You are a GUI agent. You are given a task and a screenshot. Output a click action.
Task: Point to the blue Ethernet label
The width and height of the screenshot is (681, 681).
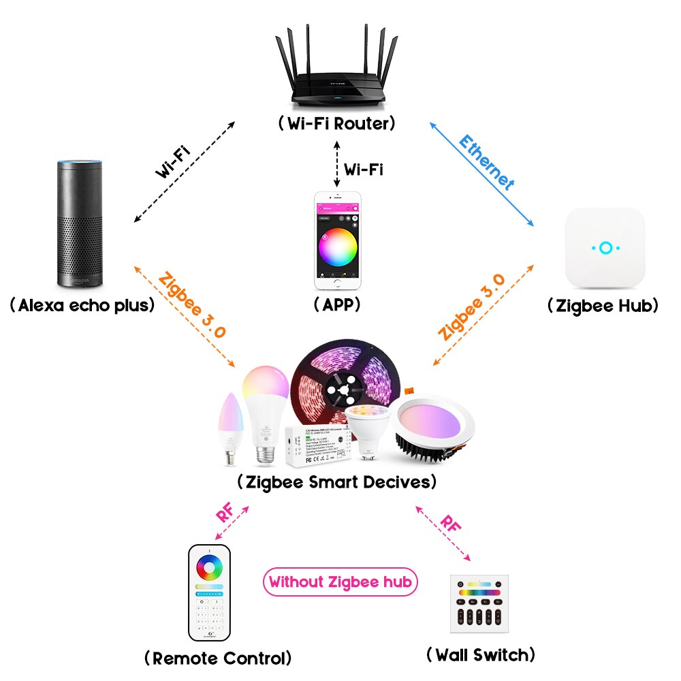click(x=486, y=161)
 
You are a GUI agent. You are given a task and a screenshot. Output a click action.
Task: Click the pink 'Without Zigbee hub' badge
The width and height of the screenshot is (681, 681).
click(x=339, y=582)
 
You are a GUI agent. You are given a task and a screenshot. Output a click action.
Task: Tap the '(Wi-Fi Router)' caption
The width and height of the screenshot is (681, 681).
click(x=336, y=124)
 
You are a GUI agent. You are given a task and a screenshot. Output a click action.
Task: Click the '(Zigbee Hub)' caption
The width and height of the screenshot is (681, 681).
click(x=603, y=306)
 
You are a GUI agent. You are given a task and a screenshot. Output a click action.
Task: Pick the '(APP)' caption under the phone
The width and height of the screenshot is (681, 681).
click(x=336, y=304)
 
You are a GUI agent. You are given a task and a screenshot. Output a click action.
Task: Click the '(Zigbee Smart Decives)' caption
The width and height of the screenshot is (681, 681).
click(x=336, y=482)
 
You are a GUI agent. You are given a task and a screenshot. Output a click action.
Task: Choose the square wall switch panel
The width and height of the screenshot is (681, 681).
click(x=479, y=603)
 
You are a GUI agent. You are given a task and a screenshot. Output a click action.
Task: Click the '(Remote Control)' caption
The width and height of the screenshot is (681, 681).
click(x=218, y=658)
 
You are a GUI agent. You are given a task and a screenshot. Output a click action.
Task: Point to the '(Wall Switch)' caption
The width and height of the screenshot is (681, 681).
click(x=480, y=655)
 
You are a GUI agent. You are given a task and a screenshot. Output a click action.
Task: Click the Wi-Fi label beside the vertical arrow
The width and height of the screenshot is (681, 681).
click(x=363, y=169)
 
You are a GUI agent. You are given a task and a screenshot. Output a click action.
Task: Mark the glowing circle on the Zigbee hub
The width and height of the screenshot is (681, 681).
click(x=604, y=248)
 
